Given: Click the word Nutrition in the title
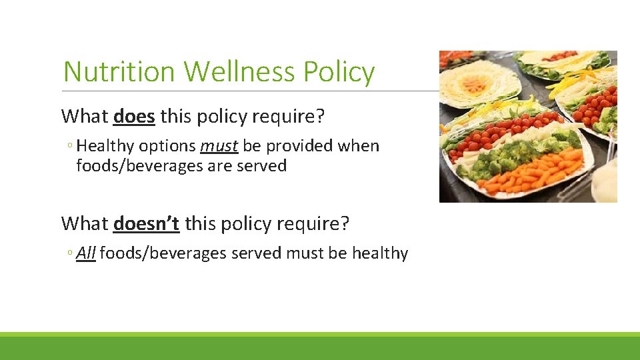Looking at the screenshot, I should (x=120, y=72).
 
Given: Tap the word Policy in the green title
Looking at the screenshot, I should (x=340, y=72).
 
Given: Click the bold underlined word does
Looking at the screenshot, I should (x=134, y=117).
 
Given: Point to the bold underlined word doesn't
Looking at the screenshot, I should (x=146, y=223).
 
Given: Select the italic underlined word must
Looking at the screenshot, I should (x=219, y=146).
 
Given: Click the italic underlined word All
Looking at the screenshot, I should (x=86, y=253).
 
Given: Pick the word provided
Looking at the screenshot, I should (x=295, y=146).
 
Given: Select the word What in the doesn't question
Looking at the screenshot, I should (x=85, y=223).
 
